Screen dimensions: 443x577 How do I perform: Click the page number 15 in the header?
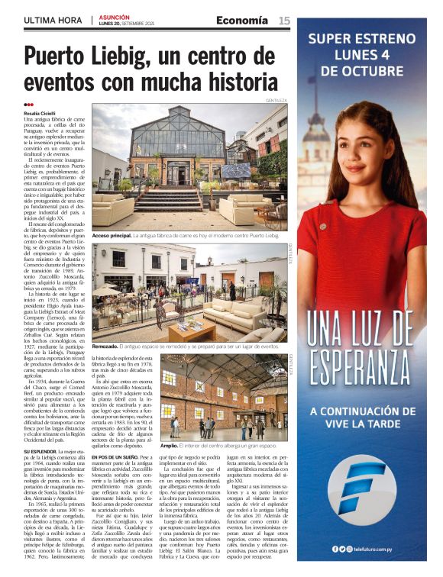283,21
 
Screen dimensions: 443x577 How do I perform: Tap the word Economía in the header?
241,21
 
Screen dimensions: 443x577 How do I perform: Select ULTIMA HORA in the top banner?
54,21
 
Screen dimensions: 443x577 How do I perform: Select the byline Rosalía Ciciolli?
45,113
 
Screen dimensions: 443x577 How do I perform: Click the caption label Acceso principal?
112,236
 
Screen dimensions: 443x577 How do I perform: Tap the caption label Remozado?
107,347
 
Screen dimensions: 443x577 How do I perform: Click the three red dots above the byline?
29,105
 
